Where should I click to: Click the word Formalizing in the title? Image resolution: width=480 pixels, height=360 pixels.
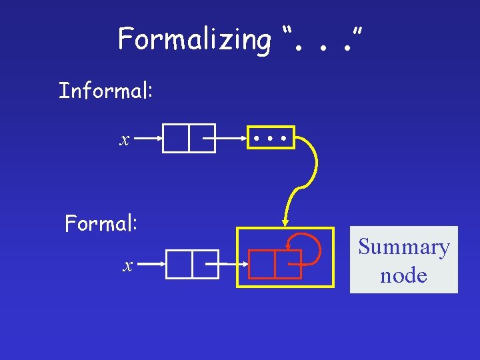pyautogui.click(x=194, y=40)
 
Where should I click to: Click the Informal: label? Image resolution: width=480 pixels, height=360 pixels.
pyautogui.click(x=106, y=90)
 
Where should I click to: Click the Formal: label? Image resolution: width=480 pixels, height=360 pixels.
pyautogui.click(x=101, y=223)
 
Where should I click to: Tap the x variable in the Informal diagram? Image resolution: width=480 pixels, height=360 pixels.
pyautogui.click(x=124, y=140)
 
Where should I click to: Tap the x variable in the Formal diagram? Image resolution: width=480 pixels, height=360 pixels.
pyautogui.click(x=127, y=266)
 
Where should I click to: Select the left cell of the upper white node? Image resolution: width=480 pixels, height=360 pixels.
pyautogui.click(x=175, y=139)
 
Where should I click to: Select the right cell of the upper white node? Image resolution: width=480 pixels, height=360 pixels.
pyautogui.click(x=201, y=139)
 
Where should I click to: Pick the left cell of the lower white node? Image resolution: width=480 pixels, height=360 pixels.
pyautogui.click(x=179, y=264)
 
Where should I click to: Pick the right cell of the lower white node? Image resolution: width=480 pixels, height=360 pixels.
pyautogui.click(x=205, y=264)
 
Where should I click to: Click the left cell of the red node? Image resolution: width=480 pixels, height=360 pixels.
pyautogui.click(x=261, y=264)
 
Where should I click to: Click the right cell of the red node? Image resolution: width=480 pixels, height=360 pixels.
pyautogui.click(x=288, y=264)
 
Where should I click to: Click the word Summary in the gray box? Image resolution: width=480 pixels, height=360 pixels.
pyautogui.click(x=403, y=247)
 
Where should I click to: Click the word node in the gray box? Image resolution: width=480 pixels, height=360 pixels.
pyautogui.click(x=403, y=274)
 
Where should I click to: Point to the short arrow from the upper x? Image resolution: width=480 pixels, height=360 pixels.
pyautogui.click(x=148, y=139)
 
